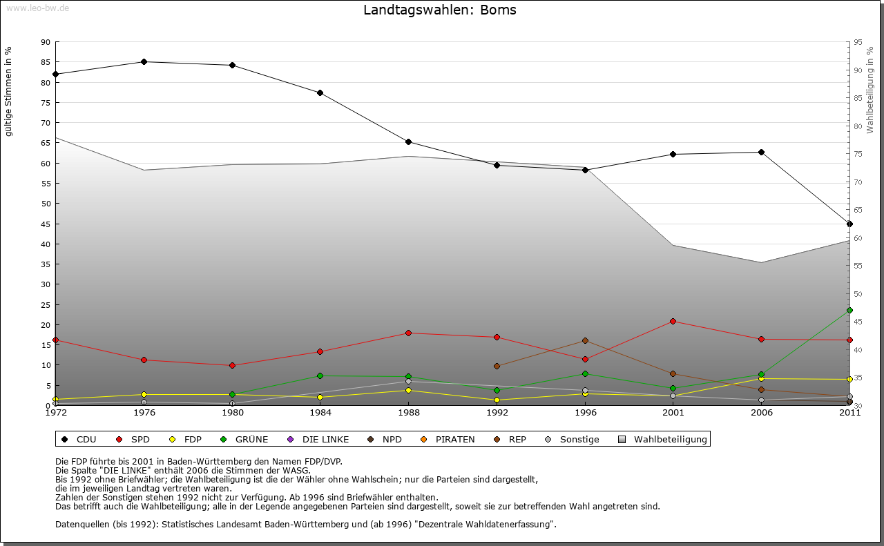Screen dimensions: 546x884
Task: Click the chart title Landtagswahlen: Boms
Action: tap(439, 10)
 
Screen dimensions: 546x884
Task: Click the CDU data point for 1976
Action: tap(144, 61)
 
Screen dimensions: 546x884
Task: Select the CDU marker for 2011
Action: tap(849, 224)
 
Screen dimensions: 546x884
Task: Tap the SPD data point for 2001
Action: tap(673, 321)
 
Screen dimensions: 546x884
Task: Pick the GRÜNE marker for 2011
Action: tap(849, 311)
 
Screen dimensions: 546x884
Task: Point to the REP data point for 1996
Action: tap(585, 340)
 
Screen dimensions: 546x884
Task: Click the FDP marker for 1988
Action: tap(408, 390)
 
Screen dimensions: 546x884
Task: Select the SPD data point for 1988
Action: tap(408, 333)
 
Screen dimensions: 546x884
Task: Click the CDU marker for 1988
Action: tap(408, 142)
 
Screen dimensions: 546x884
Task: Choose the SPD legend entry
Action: tap(135, 439)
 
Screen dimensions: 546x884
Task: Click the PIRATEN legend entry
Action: tap(449, 439)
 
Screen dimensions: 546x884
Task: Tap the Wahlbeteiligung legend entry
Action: tap(663, 439)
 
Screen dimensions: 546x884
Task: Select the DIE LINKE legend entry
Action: tap(319, 439)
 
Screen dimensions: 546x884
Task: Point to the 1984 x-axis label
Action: tap(320, 413)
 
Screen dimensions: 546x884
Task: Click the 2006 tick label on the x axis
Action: tap(761, 413)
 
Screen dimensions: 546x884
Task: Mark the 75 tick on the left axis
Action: tap(46, 102)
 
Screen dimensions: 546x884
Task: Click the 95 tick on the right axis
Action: tap(858, 42)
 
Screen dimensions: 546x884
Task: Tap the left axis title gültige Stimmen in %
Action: tap(9, 91)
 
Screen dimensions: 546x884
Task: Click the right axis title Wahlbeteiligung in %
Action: tap(869, 90)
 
